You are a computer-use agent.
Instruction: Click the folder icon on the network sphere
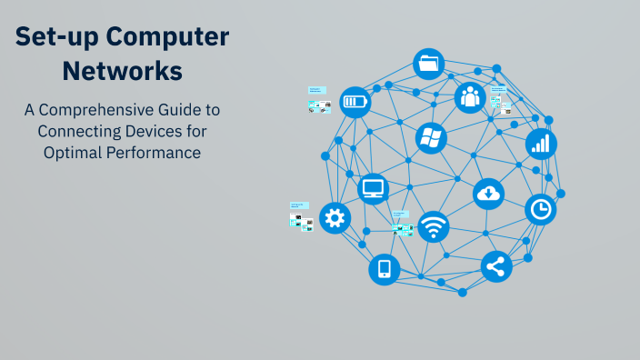point(428,65)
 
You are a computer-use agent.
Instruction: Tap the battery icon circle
point(355,102)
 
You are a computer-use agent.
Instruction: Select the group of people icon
point(470,96)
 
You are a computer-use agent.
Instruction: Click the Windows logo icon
point(431,138)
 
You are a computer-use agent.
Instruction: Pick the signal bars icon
point(541,143)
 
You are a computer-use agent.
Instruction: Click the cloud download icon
point(489,193)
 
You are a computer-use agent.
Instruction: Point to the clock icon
point(541,210)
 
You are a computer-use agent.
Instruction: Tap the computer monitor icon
point(374,189)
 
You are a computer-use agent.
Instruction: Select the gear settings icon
point(335,218)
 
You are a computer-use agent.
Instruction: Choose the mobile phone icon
point(384,269)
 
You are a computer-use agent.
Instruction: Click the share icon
point(496,266)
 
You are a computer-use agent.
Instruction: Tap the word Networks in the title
point(123,69)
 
